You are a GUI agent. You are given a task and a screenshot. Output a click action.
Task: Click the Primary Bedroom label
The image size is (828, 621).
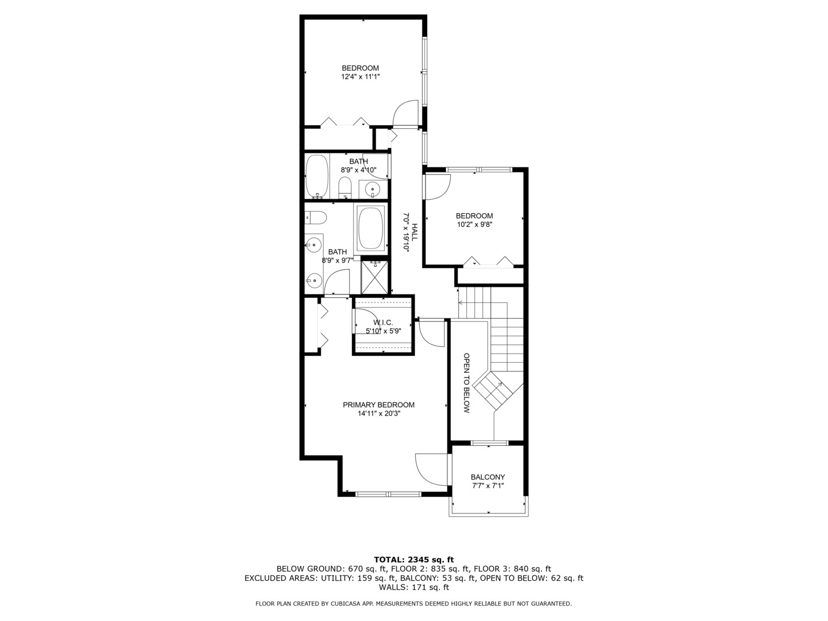click(x=378, y=405)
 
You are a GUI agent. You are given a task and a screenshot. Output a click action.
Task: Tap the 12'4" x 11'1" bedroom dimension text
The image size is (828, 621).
click(x=361, y=76)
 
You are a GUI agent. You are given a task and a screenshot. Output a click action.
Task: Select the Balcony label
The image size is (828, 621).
click(x=488, y=477)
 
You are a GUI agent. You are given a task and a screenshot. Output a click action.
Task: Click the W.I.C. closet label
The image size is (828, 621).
click(x=383, y=323)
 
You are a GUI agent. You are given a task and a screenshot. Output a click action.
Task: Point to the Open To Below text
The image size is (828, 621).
click(x=466, y=383)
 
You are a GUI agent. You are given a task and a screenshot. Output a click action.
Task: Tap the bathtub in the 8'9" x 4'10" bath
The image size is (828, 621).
click(x=317, y=176)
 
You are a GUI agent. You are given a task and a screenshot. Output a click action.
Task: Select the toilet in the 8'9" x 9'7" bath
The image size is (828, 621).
click(x=316, y=217)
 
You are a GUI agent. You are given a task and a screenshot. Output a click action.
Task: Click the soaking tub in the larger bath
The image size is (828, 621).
click(x=372, y=228)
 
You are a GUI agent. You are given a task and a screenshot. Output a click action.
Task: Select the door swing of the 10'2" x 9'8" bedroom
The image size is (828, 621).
click(x=438, y=187)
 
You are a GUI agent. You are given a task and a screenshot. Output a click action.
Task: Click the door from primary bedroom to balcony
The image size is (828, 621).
click(x=431, y=469)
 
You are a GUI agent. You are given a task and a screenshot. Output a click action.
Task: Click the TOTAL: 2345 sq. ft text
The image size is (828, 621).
click(x=413, y=559)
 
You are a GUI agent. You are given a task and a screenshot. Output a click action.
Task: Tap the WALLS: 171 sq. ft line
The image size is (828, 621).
click(x=413, y=587)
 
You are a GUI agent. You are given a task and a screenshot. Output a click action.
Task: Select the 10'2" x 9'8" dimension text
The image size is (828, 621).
click(x=474, y=225)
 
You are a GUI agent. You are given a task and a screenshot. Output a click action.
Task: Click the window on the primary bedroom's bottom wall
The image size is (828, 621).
click(x=388, y=493)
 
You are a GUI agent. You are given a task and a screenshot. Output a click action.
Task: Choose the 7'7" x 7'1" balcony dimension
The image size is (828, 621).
click(x=488, y=486)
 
